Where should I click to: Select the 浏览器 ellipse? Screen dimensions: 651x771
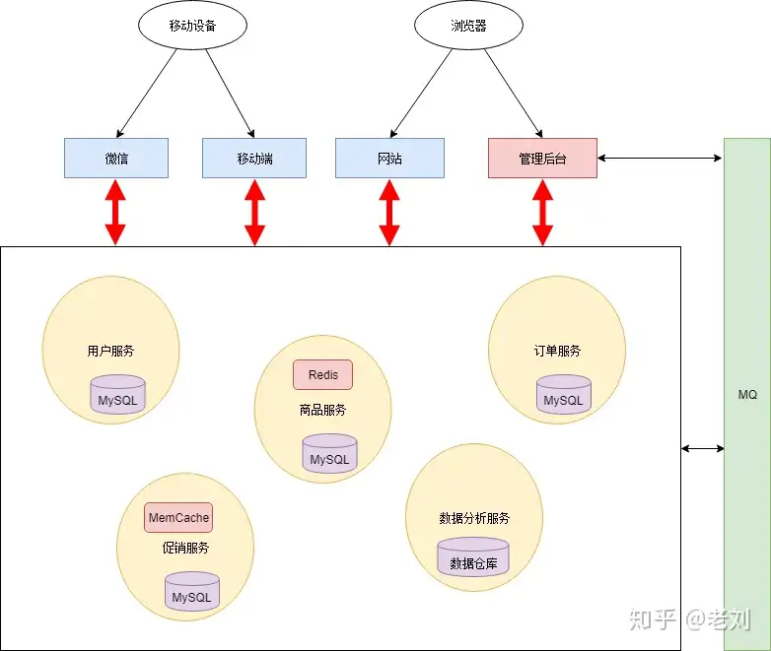tap(468, 27)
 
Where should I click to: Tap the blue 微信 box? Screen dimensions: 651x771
tap(116, 158)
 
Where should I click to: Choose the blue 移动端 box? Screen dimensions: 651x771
tap(254, 158)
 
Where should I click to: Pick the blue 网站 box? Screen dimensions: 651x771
tap(389, 158)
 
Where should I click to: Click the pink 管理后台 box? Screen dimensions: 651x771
tap(542, 158)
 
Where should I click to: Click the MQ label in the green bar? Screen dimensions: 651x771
tap(747, 394)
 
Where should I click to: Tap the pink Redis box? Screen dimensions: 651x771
tap(322, 375)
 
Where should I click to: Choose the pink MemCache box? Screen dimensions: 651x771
tap(178, 517)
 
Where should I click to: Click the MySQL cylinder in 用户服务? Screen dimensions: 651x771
tap(117, 396)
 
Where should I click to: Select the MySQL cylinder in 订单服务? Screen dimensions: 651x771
tap(564, 396)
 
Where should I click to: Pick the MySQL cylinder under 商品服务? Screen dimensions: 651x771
tap(329, 455)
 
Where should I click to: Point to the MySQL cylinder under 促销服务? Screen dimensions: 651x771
tap(191, 593)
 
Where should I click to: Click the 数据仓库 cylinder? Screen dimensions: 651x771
tap(473, 559)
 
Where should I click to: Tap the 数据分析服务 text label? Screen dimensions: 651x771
tap(474, 518)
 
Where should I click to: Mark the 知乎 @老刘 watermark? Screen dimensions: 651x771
tap(691, 619)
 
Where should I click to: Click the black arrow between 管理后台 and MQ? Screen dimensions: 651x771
tap(660, 158)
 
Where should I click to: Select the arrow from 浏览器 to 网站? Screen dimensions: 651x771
tap(425, 93)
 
